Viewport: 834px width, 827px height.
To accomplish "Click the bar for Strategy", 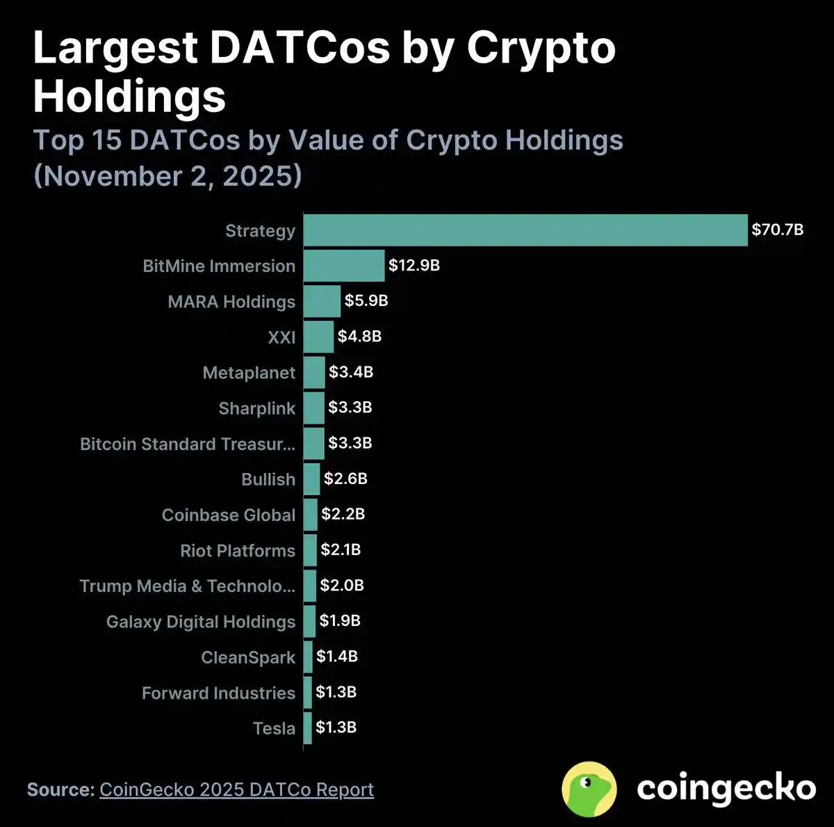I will (525, 230).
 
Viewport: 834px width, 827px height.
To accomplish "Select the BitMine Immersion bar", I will (344, 266).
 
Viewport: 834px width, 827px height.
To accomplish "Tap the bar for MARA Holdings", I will (322, 301).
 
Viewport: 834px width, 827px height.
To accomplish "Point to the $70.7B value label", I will (777, 230).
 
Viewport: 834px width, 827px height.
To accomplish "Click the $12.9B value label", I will (414, 265).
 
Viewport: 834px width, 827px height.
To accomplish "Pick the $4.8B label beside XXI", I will (359, 337).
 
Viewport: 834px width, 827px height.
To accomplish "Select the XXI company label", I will (281, 337).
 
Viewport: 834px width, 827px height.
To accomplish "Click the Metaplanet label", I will (249, 373).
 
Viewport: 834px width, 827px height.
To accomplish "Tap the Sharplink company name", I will (256, 408).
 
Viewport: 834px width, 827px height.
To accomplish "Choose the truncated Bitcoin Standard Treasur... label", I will (187, 444).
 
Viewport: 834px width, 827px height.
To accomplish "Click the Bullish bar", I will (312, 479).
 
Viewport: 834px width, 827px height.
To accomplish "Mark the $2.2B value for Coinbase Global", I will (343, 514).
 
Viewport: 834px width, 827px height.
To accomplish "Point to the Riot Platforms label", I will (237, 551).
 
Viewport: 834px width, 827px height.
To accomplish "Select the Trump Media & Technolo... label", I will (187, 586).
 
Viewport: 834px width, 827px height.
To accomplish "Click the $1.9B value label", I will (340, 620).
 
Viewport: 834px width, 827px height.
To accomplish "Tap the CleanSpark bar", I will (308, 657).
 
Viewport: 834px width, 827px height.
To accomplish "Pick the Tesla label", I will (274, 728).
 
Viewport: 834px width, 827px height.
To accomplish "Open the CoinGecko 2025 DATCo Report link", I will (236, 789).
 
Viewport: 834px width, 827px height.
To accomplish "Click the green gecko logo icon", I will (589, 789).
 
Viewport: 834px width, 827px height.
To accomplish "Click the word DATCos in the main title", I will (300, 48).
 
